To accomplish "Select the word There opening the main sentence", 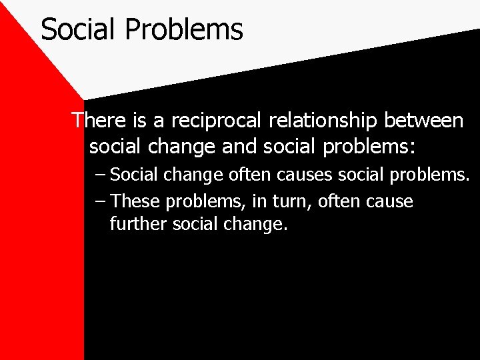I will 99,121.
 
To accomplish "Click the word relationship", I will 321,121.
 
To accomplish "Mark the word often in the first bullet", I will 250,176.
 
